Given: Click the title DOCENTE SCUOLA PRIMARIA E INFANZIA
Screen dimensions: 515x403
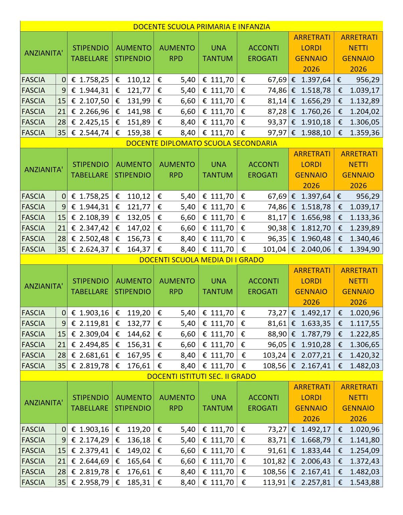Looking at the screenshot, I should (x=201, y=27).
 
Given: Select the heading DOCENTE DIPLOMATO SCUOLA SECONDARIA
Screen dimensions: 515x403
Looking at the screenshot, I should (x=201, y=143).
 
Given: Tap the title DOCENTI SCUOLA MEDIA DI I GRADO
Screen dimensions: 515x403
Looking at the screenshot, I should (x=201, y=260).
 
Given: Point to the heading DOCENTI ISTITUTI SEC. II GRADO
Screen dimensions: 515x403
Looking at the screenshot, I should (x=201, y=376).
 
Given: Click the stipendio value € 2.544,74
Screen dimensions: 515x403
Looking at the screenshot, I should (x=90, y=133).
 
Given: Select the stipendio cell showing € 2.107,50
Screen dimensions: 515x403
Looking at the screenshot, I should (x=90, y=101).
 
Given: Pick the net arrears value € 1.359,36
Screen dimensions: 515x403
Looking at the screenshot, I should (x=359, y=133).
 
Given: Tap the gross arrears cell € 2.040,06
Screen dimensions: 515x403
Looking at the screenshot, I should (x=311, y=249).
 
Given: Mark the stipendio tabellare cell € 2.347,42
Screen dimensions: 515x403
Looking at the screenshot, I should (x=90, y=228).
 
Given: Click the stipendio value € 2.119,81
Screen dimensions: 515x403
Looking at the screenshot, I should (x=90, y=324).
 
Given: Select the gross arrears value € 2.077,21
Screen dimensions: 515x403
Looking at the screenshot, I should (x=311, y=355).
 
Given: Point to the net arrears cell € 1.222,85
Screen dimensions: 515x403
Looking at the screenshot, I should (x=359, y=334).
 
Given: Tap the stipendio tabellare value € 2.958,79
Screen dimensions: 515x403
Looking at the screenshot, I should (x=90, y=482).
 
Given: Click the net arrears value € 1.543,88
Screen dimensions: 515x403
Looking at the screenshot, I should (x=359, y=482).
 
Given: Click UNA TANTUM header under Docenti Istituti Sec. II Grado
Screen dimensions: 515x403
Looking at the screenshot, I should (x=218, y=403).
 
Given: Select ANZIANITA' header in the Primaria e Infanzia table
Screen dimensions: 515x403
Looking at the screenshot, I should (x=43, y=53).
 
